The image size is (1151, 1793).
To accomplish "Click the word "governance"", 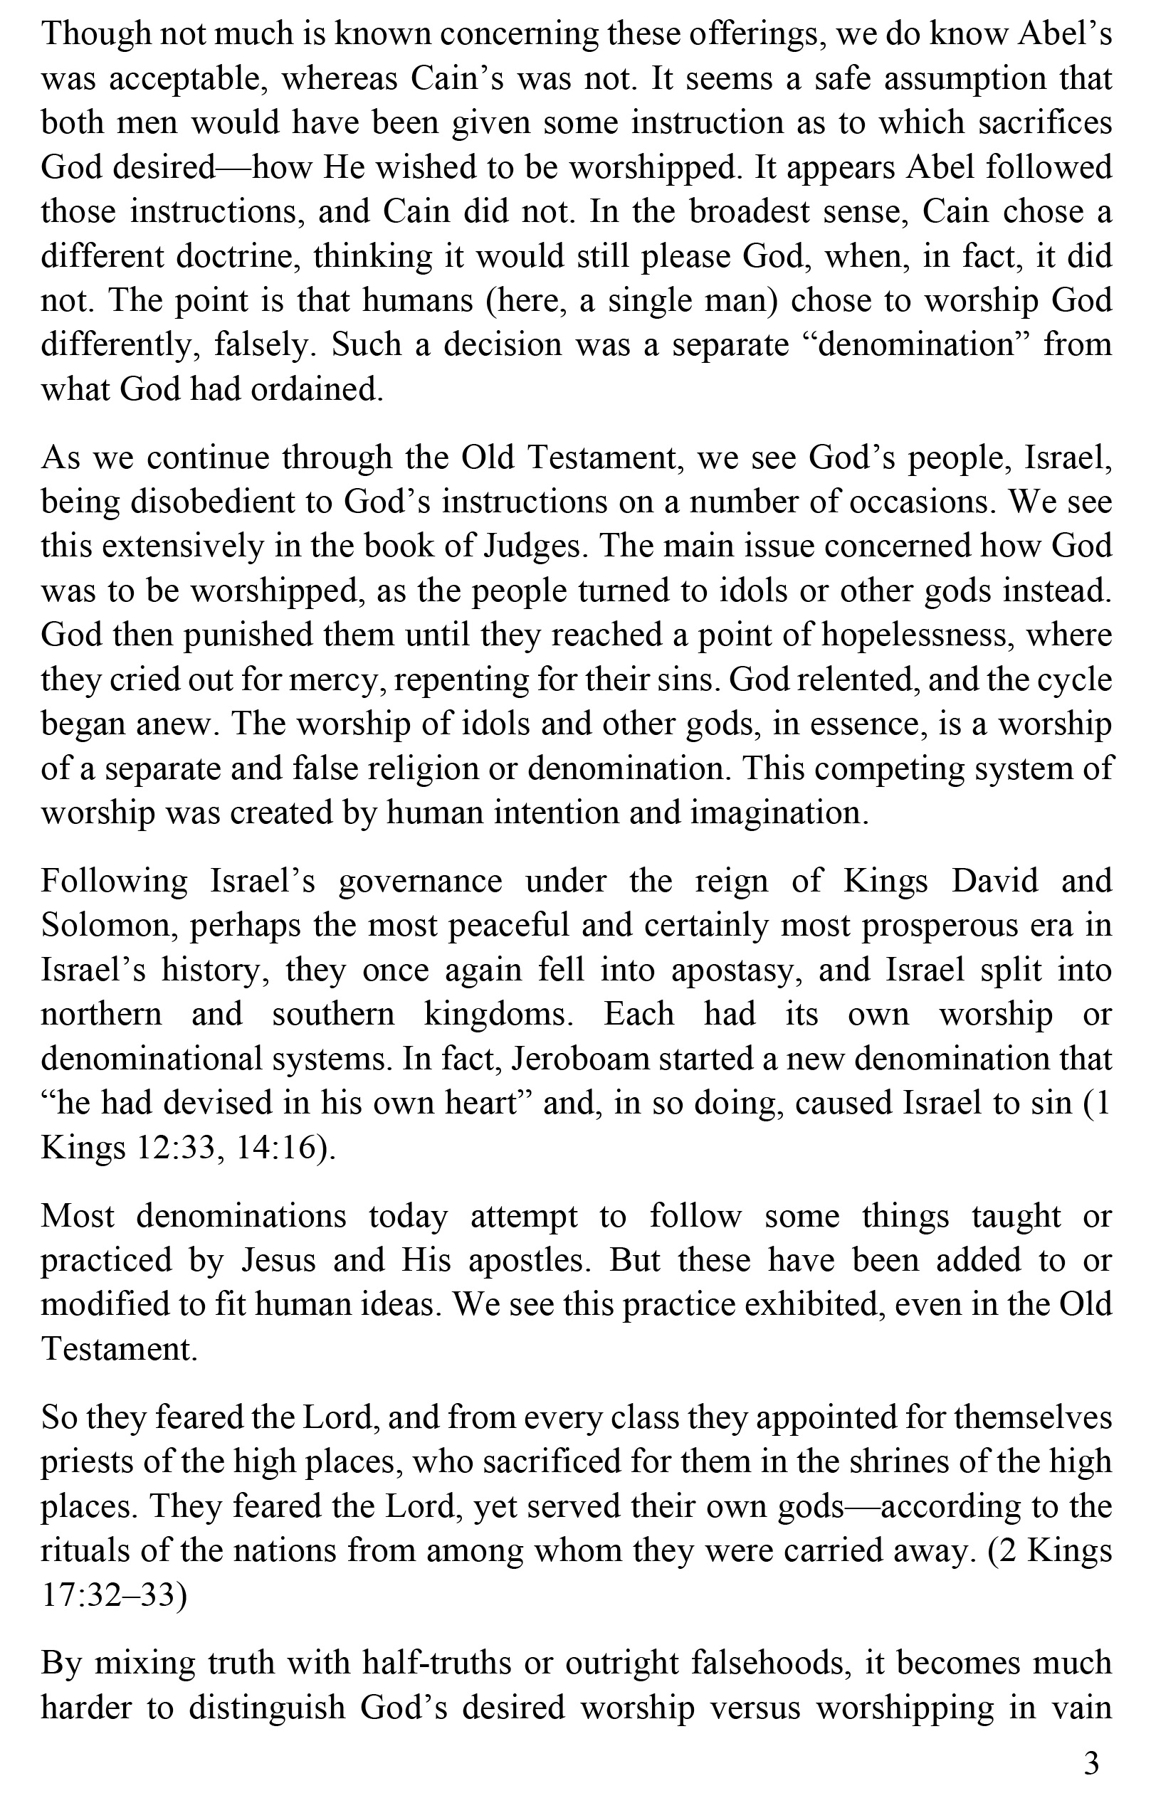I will (x=421, y=882).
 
